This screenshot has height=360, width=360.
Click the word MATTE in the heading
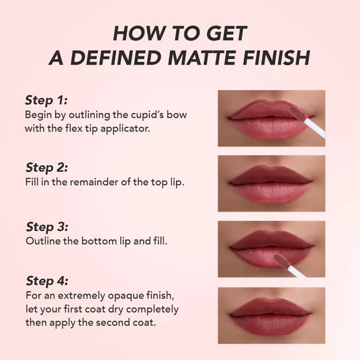pyautogui.click(x=201, y=57)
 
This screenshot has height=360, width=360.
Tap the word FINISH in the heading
pyautogui.click(x=276, y=57)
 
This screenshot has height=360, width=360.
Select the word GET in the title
pyautogui.click(x=226, y=34)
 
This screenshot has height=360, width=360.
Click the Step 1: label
pyautogui.click(x=46, y=100)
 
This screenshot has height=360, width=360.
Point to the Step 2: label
pyautogui.click(x=46, y=167)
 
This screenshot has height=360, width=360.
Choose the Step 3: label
pyautogui.click(x=47, y=227)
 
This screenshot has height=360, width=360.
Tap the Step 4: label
pyautogui.click(x=47, y=281)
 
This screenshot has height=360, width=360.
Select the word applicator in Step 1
pyautogui.click(x=125, y=129)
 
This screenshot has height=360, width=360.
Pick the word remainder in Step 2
pyautogui.click(x=94, y=182)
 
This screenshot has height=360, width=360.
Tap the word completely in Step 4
pyautogui.click(x=152, y=310)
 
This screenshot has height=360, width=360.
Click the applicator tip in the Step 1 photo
pyautogui.click(x=298, y=113)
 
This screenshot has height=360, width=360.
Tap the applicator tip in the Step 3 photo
pyautogui.click(x=281, y=261)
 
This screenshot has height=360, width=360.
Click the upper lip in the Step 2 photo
pyautogui.click(x=271, y=175)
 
